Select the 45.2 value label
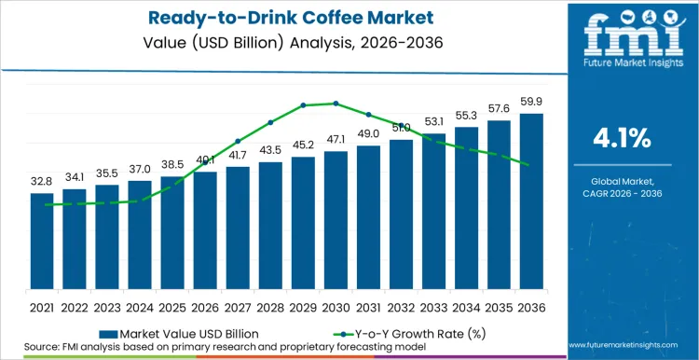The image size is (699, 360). pos(303,145)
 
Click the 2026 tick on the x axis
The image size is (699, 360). pos(205,306)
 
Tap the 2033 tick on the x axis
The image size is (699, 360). pos(433,306)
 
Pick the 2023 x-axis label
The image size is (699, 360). pos(107,306)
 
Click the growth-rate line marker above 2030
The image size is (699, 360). pos(336,104)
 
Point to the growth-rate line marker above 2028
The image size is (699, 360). pos(270,122)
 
